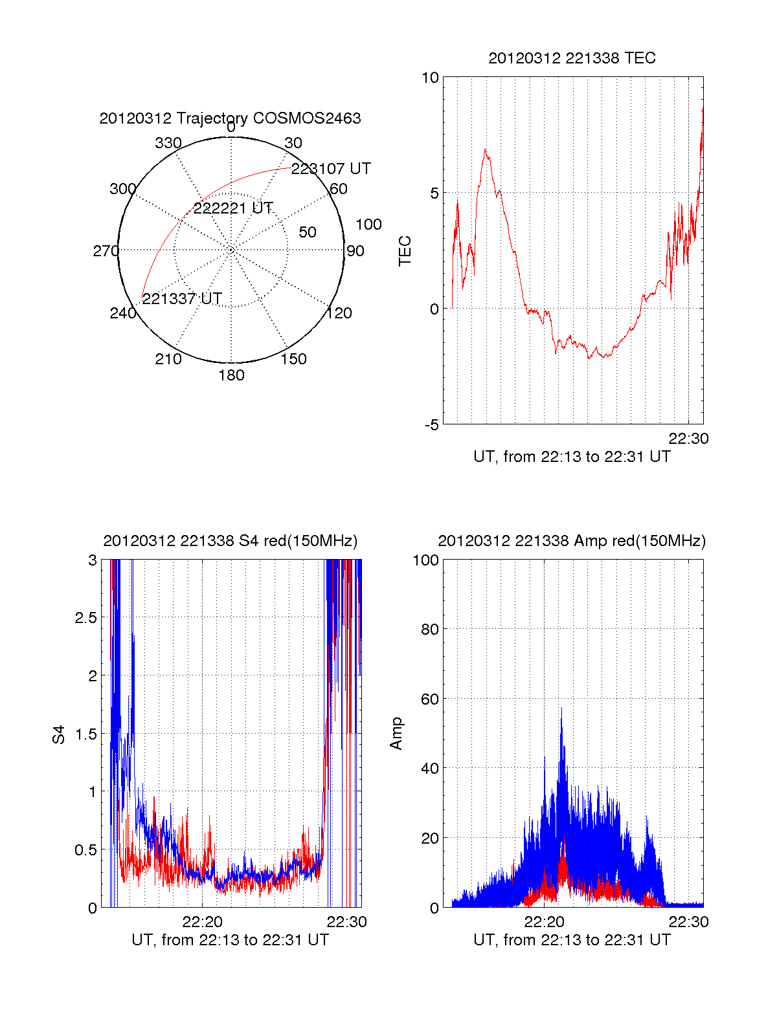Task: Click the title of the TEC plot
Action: click(572, 58)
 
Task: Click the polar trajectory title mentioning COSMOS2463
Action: click(230, 118)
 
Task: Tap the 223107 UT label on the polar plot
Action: click(331, 169)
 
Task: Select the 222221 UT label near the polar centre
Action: click(233, 208)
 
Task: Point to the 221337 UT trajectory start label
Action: click(182, 299)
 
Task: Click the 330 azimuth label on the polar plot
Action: click(168, 143)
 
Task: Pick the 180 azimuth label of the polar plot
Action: click(231, 375)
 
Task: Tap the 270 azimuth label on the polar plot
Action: click(106, 251)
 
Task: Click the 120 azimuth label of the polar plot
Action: click(339, 314)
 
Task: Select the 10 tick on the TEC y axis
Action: click(430, 78)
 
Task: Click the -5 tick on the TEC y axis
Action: click(431, 425)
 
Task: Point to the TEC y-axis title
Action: click(405, 251)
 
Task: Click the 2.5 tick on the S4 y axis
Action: click(86, 618)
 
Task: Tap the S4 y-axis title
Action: click(59, 734)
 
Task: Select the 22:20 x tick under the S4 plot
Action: click(202, 921)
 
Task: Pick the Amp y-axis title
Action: click(396, 733)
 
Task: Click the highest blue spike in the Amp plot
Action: click(561, 708)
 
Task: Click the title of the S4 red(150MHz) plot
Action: click(230, 541)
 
